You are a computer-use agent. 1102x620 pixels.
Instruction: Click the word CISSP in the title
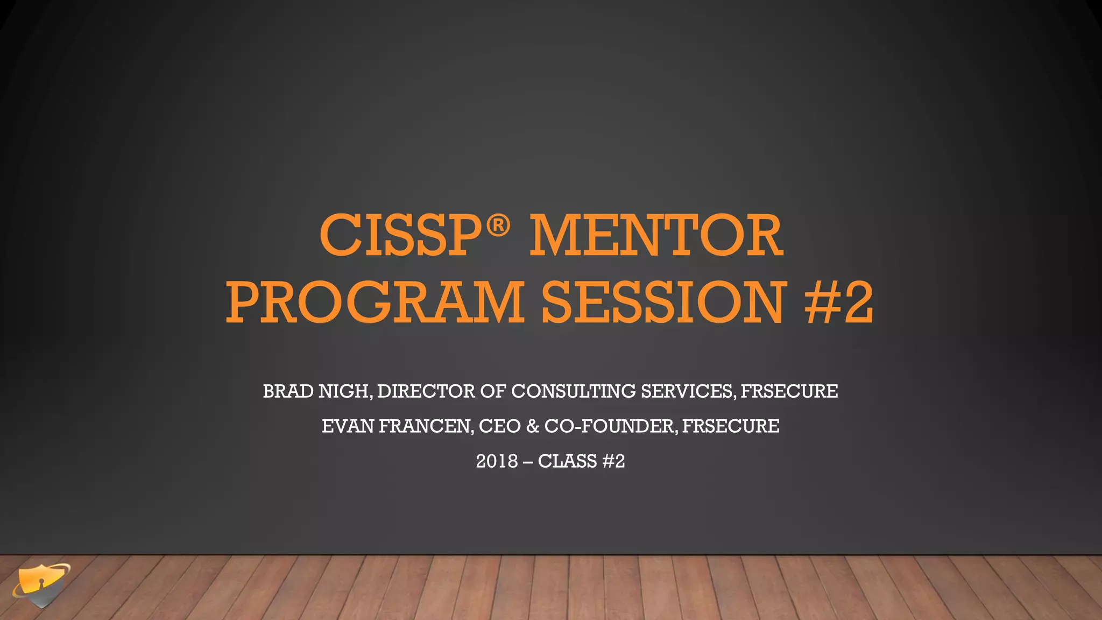(401, 236)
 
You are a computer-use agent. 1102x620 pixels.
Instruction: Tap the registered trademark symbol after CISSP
(498, 226)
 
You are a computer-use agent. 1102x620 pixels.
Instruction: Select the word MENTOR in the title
(656, 236)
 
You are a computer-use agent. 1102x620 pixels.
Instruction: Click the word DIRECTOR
(426, 391)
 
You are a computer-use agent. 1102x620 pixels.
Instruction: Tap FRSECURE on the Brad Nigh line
(789, 391)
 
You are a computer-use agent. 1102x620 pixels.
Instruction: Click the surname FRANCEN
(425, 426)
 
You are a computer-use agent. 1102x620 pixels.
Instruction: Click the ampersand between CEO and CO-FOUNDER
(533, 426)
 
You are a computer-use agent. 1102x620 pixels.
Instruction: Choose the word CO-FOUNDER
(609, 426)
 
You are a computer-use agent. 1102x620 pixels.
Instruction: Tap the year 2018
(497, 461)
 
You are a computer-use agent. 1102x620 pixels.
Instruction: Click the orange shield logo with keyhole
(41, 586)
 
